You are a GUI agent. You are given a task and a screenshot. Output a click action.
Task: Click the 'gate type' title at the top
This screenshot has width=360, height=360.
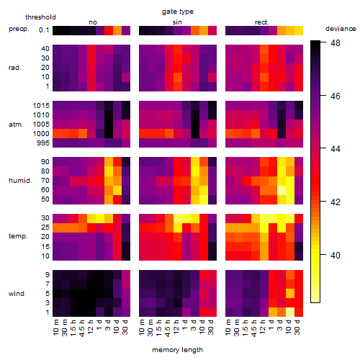[178, 12]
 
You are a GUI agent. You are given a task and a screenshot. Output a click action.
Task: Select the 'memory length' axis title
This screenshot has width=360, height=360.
[178, 350]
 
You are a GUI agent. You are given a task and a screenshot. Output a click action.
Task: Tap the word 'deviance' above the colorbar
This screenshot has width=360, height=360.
[341, 29]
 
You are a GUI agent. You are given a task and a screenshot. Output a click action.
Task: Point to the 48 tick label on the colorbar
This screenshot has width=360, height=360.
[336, 43]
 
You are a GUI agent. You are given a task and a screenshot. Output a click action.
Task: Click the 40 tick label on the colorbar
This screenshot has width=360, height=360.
[336, 255]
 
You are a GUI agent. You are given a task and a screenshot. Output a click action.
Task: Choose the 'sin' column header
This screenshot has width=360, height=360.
[177, 22]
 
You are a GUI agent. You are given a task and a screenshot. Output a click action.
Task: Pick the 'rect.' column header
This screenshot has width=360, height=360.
[261, 22]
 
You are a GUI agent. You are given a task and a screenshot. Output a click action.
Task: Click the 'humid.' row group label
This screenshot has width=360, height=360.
[20, 181]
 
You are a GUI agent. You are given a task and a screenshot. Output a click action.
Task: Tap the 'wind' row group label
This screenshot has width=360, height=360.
[17, 294]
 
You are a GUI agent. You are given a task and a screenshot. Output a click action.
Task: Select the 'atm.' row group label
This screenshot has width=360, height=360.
[16, 125]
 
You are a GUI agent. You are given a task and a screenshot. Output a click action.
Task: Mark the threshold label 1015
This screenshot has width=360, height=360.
[41, 106]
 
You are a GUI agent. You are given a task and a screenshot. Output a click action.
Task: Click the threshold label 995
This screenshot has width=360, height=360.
[43, 143]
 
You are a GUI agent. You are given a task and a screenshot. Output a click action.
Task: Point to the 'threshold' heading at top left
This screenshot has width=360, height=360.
[40, 17]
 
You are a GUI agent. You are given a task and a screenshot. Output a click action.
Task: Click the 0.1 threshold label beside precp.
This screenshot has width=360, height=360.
[44, 30]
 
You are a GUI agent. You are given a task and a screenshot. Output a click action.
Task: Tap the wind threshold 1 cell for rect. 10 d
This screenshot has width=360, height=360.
[290, 312]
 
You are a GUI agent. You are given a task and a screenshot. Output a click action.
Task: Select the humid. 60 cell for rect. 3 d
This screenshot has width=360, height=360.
[282, 190]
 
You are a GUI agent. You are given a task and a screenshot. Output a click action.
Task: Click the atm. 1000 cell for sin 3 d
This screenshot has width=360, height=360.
[195, 134]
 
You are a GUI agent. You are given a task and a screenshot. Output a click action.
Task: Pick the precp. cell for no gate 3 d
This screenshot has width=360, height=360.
[109, 31]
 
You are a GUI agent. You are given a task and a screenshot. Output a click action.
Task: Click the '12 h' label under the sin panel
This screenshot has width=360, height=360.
[176, 327]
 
